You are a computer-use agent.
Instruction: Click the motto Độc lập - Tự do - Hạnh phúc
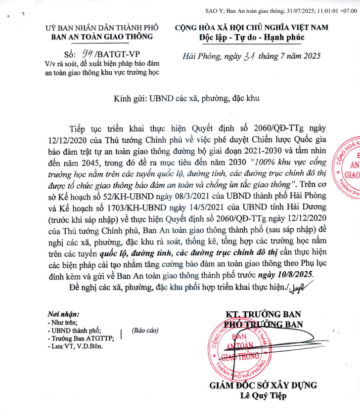(x=252, y=37)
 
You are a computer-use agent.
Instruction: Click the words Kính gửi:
(x=130, y=98)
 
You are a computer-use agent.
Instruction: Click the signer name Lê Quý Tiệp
(x=263, y=396)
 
